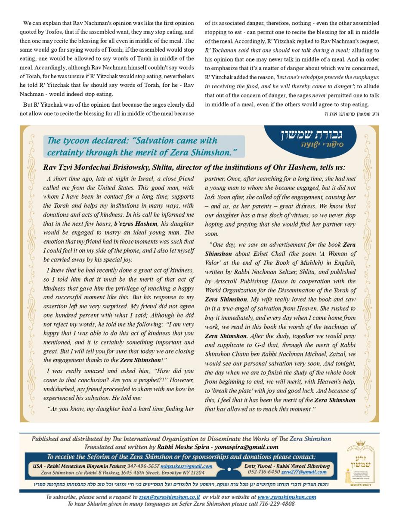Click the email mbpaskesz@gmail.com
tap(192, 466)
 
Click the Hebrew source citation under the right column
tap(352, 114)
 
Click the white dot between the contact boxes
tap(229, 469)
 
